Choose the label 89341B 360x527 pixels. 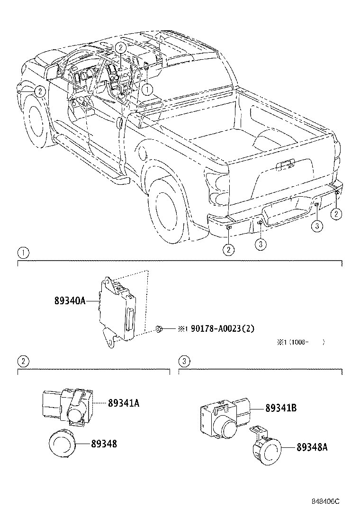(281, 407)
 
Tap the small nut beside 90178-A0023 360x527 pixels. (160, 328)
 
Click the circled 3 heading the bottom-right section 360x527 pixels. (184, 361)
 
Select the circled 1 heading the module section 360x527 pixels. (23, 252)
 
